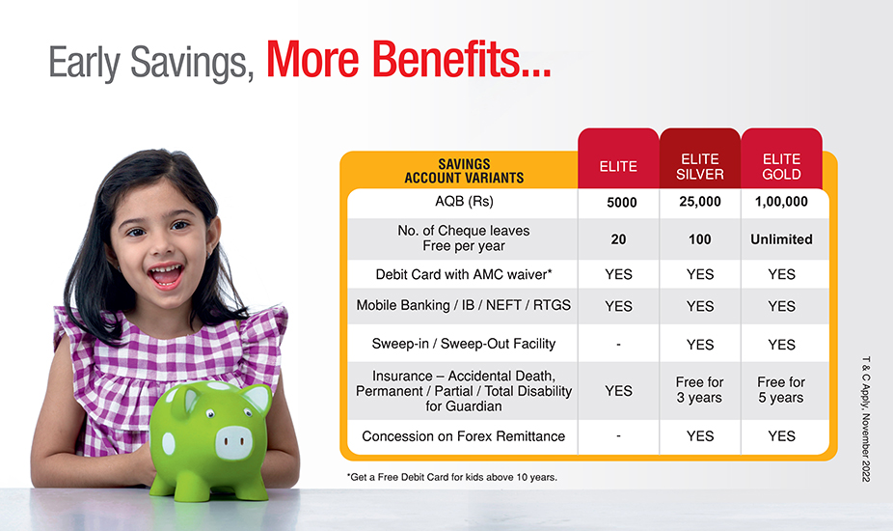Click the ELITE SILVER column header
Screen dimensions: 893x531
pyautogui.click(x=700, y=167)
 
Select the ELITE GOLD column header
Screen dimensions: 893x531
pyautogui.click(x=781, y=167)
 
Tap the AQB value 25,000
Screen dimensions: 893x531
pyautogui.click(x=700, y=202)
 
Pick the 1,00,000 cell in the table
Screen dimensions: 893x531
pyautogui.click(x=781, y=202)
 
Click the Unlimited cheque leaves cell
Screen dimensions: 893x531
pyautogui.click(x=781, y=239)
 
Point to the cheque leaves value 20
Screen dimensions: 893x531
pyautogui.click(x=618, y=239)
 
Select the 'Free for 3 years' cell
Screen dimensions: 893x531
pyautogui.click(x=700, y=390)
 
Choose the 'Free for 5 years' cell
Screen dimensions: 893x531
pyautogui.click(x=781, y=390)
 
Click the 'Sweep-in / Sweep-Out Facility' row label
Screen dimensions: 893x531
pyautogui.click(x=464, y=344)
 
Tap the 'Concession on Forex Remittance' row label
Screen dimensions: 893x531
pyautogui.click(x=464, y=436)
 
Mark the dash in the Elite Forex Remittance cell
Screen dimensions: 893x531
pyautogui.click(x=618, y=436)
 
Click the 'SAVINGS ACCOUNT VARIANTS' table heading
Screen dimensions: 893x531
pyautogui.click(x=464, y=171)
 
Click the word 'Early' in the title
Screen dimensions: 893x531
pyautogui.click(x=84, y=63)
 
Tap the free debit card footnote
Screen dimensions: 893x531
pyautogui.click(x=452, y=477)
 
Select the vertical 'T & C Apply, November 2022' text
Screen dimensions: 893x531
pyautogui.click(x=866, y=419)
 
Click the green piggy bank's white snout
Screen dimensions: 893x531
pyautogui.click(x=233, y=442)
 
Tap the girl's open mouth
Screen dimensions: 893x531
pyautogui.click(x=166, y=275)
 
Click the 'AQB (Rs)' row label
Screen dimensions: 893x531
pyautogui.click(x=464, y=202)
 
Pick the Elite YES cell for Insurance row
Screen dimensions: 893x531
pyautogui.click(x=618, y=391)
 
